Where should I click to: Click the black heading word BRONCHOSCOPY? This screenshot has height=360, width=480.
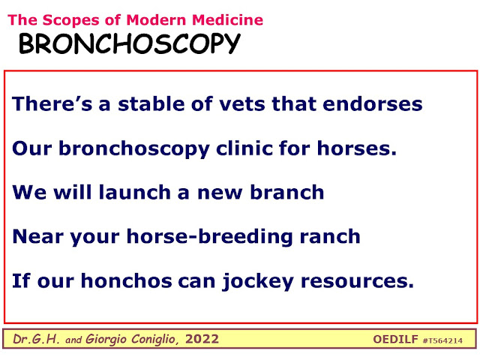[x=130, y=43]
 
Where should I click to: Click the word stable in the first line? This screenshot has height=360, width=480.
[x=151, y=103]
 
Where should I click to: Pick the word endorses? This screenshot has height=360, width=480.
[x=373, y=103]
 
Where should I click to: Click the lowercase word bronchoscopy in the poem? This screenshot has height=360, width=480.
[x=134, y=149]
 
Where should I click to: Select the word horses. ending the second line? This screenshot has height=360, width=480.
[x=357, y=148]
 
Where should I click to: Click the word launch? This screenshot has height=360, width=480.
[x=135, y=192]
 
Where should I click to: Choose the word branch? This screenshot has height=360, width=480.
[x=287, y=192]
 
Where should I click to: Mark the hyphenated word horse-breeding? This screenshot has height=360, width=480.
[x=210, y=237]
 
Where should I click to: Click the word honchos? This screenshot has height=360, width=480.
[x=127, y=280]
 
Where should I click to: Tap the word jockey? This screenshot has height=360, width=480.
[x=258, y=282]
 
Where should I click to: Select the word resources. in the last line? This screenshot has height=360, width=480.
[x=357, y=281]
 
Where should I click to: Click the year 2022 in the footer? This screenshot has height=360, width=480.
[x=202, y=339]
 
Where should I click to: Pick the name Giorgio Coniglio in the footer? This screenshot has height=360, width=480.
[x=130, y=339]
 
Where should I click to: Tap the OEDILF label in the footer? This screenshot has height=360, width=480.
[x=395, y=339]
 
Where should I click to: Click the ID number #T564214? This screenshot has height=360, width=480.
[x=442, y=340]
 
